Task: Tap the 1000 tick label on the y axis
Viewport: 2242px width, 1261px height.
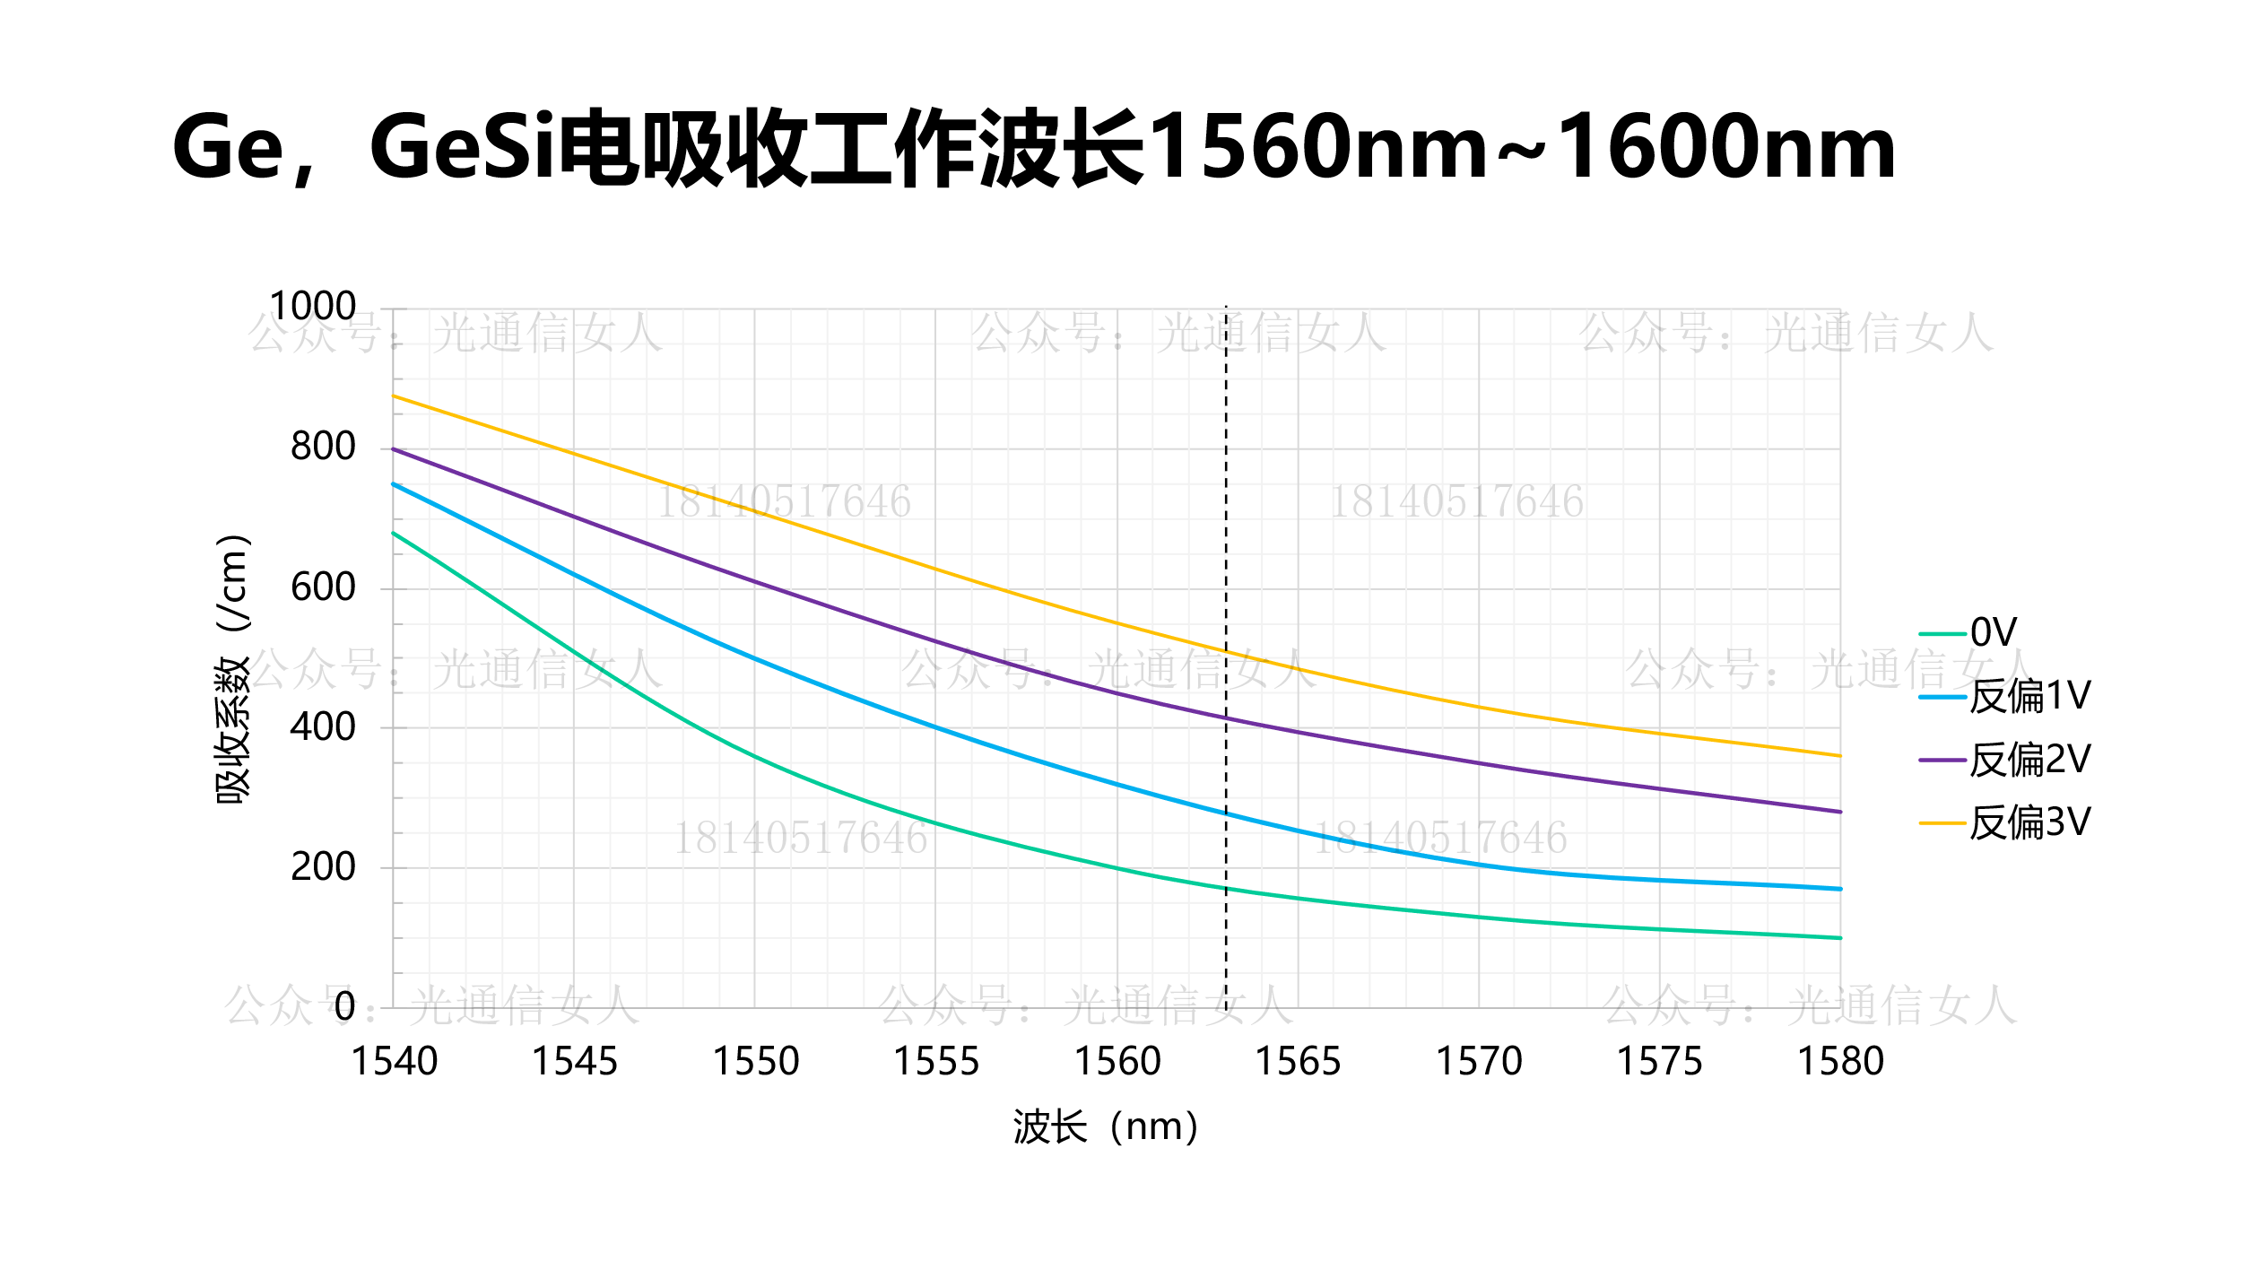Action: pos(312,307)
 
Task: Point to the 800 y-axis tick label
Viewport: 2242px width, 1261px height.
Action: pos(323,447)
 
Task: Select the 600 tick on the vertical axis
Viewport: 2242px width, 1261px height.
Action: pos(323,587)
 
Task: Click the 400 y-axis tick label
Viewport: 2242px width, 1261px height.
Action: pos(323,727)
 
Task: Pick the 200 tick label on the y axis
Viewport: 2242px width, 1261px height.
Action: pos(323,867)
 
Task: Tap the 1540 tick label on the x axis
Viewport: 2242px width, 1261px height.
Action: pos(394,1062)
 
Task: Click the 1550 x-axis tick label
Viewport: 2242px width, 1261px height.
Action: pos(755,1062)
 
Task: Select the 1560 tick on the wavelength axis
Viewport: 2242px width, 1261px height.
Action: pos(1117,1062)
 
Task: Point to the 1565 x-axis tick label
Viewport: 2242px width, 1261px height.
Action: pos(1298,1062)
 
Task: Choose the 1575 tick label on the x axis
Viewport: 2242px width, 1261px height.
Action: pos(1659,1062)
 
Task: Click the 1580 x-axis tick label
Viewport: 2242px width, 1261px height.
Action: pos(1840,1062)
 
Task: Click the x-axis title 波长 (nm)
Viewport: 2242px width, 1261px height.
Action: pos(1105,1127)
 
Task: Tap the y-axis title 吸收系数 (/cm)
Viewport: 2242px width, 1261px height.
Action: pos(233,668)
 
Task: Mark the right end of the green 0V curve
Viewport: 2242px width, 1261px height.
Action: pos(1840,938)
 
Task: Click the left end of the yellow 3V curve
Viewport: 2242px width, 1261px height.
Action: pos(394,396)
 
